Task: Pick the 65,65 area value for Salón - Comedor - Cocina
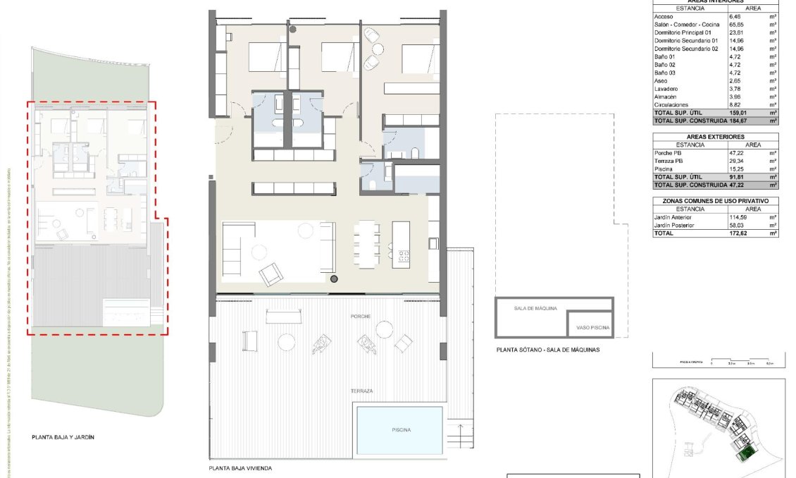738,25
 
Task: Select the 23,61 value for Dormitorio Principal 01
738,32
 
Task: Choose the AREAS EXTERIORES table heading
715,137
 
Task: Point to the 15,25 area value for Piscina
737,169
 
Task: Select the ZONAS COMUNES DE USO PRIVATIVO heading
715,202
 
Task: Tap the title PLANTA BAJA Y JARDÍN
63,437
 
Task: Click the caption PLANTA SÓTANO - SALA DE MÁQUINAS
547,349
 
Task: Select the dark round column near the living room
334,280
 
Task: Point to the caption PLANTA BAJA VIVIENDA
240,468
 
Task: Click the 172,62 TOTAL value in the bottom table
738,233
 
